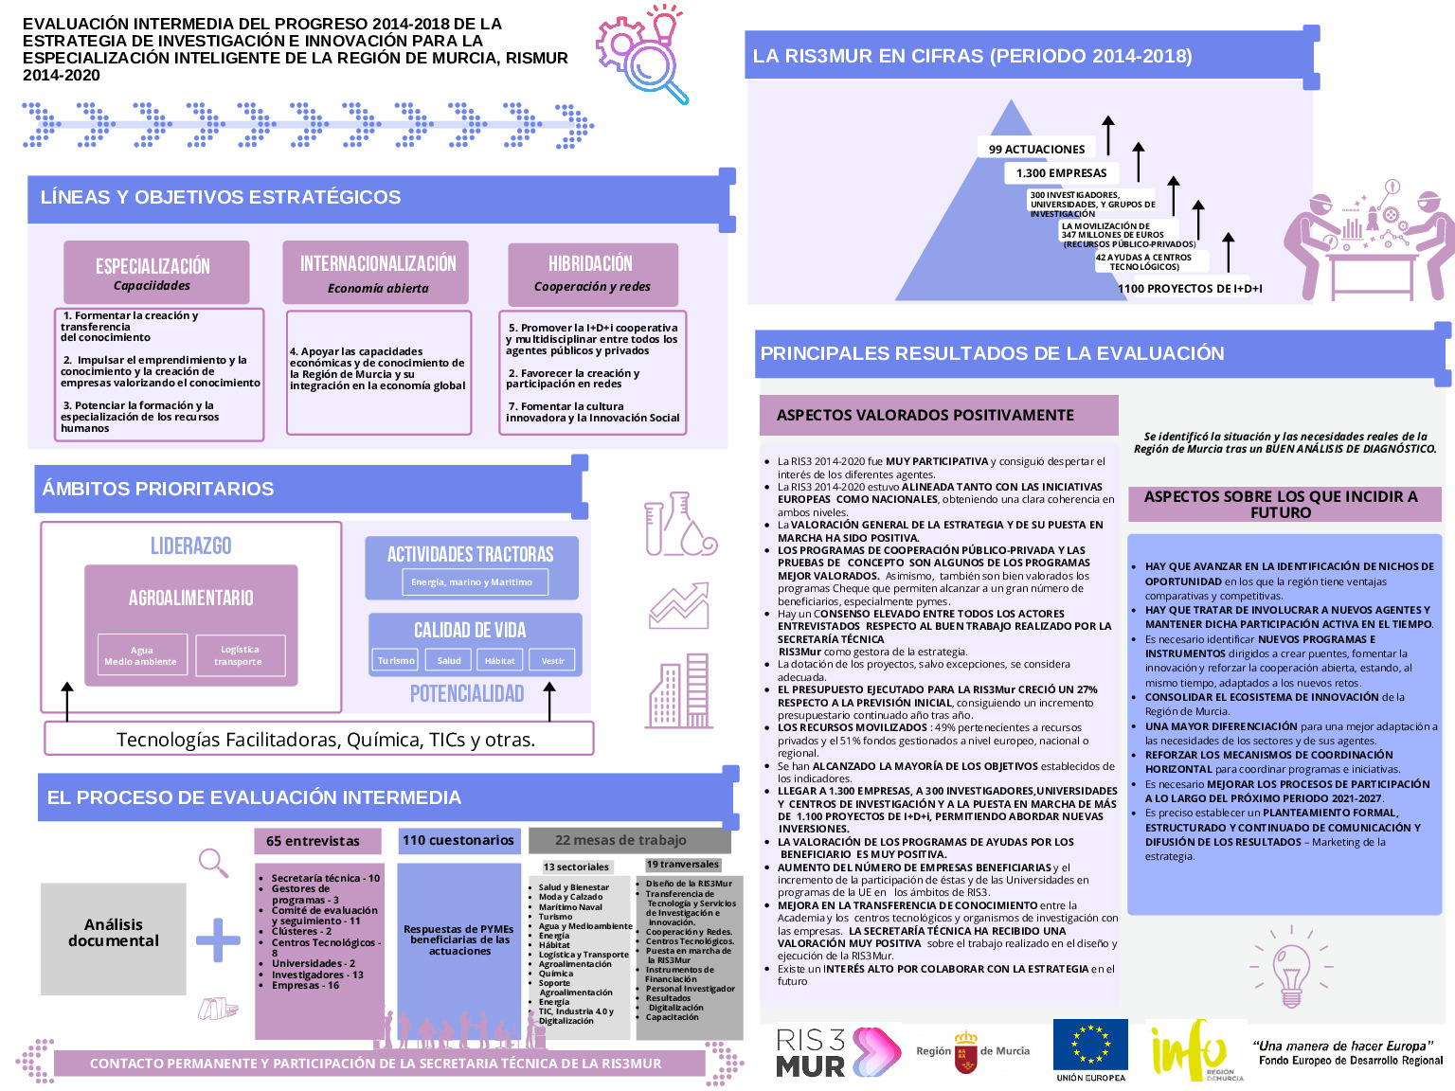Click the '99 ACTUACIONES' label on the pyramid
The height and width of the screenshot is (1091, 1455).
click(1036, 149)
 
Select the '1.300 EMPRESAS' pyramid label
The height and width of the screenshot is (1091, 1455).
click(1061, 172)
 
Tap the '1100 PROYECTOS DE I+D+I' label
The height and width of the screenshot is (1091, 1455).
click(1190, 288)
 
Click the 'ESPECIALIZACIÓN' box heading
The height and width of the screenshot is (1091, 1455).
click(153, 266)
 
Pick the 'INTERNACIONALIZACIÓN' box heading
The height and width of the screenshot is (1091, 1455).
click(378, 264)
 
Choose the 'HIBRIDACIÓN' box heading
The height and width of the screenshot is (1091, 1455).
click(591, 263)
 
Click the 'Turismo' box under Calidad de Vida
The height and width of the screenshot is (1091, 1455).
click(396, 660)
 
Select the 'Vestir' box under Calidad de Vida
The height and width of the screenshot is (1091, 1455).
click(552, 660)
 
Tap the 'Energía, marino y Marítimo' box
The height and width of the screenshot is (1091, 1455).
click(472, 581)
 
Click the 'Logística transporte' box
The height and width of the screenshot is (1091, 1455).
click(239, 655)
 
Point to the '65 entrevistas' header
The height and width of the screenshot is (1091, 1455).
click(314, 841)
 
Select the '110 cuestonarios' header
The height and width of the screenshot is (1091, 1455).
click(458, 840)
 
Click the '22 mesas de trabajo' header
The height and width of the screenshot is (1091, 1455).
click(621, 840)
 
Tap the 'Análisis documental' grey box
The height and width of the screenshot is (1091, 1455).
click(114, 933)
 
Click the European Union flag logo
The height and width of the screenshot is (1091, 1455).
click(1090, 1045)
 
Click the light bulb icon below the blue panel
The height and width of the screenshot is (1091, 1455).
click(1291, 974)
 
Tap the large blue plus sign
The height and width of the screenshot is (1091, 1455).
click(218, 939)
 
